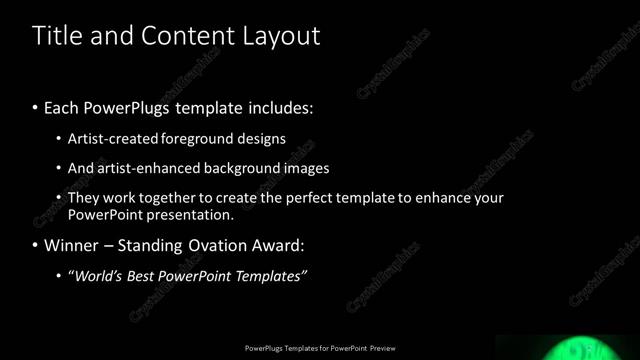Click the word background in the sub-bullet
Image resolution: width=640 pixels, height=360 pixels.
coord(243,169)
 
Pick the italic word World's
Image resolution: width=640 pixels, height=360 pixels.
coord(97,276)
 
